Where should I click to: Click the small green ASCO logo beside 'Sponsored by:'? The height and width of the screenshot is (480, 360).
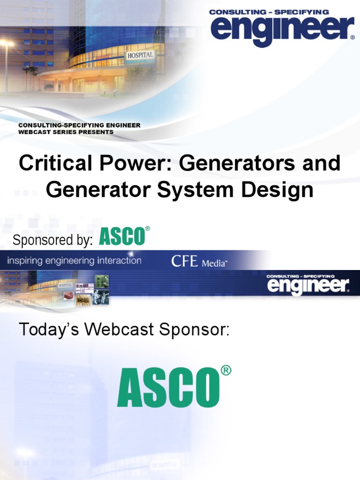click(122, 237)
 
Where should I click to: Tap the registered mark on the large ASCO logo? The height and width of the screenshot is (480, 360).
click(225, 371)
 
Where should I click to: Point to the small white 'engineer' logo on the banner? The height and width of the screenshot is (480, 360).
click(307, 286)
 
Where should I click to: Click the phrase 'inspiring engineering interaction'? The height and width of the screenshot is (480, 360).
click(74, 261)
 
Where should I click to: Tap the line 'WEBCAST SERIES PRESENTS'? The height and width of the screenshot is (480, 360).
click(66, 132)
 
